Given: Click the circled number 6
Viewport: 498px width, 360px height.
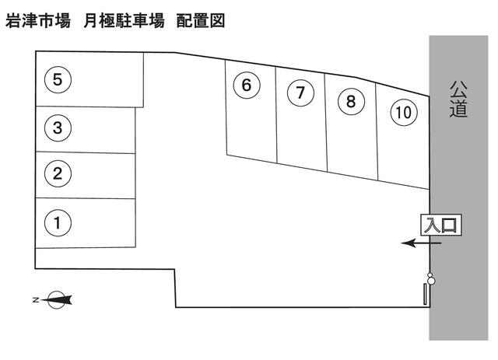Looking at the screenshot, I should tap(247, 85).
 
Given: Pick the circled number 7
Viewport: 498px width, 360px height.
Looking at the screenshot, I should tap(300, 93).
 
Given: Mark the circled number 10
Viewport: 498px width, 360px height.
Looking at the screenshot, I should tap(402, 112).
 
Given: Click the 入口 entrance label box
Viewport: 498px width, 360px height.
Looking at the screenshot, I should tap(441, 225).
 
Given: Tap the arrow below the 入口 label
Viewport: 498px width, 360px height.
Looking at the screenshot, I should tap(421, 243).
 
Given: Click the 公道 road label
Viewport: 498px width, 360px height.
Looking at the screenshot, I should tap(459, 99).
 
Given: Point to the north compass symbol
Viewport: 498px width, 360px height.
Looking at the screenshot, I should tap(57, 299).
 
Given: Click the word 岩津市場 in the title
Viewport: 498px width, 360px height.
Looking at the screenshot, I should tap(37, 21).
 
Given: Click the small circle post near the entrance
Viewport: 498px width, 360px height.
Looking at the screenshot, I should tap(430, 278).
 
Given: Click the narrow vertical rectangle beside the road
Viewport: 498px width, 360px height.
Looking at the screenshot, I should tap(425, 295).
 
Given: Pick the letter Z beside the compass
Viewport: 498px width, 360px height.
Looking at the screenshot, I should tap(36, 299).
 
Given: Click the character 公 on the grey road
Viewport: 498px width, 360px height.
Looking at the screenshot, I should tap(459, 89).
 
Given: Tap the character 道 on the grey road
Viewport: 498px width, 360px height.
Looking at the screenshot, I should tap(459, 109).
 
